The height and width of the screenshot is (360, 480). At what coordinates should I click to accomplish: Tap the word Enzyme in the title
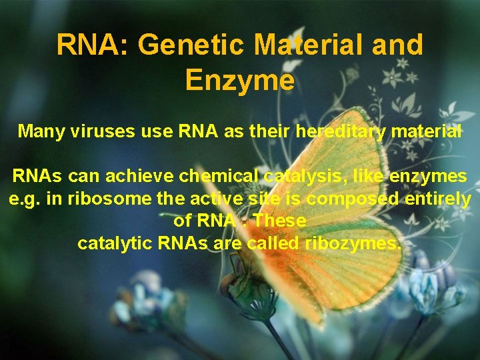[x=239, y=80]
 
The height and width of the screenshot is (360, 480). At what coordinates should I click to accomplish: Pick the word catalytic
[x=115, y=243]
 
